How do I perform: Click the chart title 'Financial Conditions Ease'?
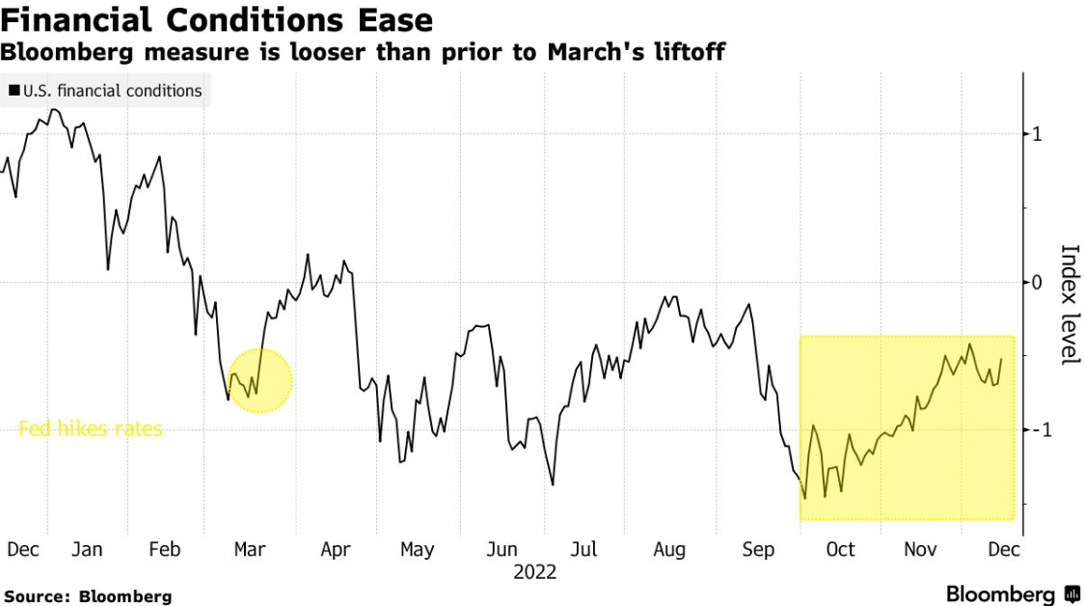(217, 20)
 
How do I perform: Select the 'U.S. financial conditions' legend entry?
(105, 91)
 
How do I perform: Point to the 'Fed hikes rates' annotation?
(91, 428)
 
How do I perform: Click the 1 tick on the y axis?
(1037, 134)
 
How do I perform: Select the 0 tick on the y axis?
(1037, 282)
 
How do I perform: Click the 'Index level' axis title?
(1069, 305)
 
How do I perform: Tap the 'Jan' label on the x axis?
(87, 550)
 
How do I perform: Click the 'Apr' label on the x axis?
(336, 550)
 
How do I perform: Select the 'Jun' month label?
(501, 550)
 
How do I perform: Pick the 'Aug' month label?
(669, 550)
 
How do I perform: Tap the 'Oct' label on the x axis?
(840, 550)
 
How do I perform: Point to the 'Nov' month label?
(921, 550)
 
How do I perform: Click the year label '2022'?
(535, 572)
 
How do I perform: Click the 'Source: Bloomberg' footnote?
(88, 595)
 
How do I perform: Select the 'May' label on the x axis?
(418, 550)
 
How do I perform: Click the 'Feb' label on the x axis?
(165, 550)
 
